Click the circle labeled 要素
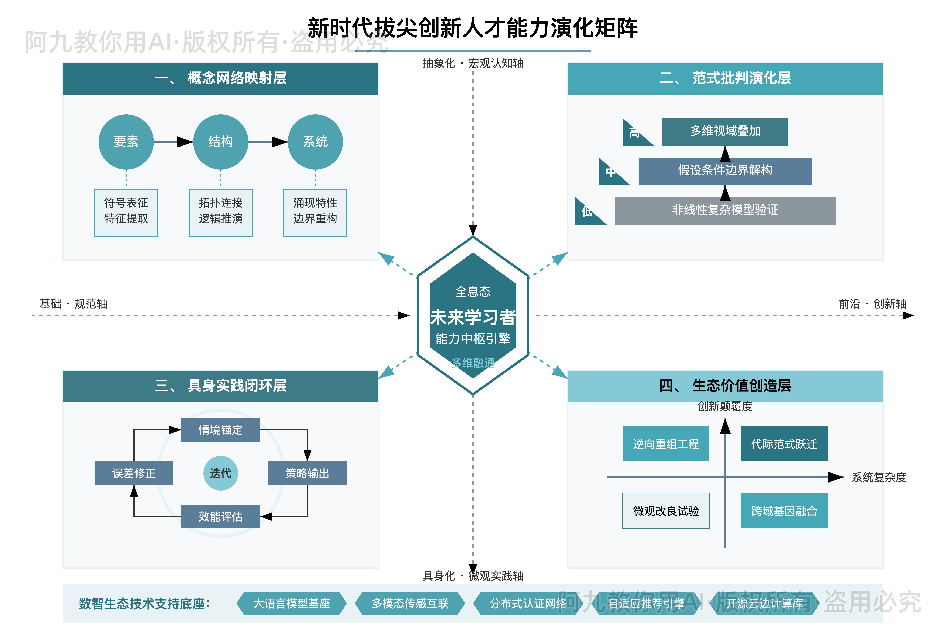[x=126, y=142]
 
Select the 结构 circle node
[x=220, y=142]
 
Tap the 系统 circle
[x=315, y=142]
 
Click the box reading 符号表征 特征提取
[x=126, y=213]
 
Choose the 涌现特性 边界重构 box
[x=315, y=213]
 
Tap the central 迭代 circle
[x=220, y=473]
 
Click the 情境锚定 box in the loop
[x=220, y=430]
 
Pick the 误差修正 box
[x=134, y=473]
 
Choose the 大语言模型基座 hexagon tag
[x=291, y=603]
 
